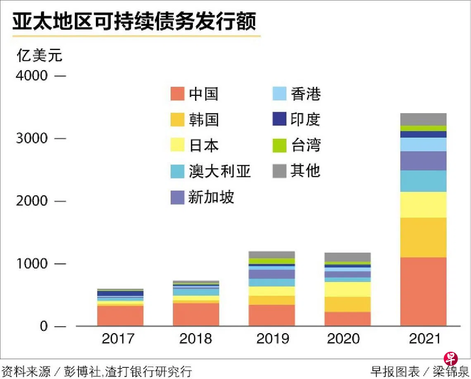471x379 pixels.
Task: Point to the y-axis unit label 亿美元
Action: coord(39,55)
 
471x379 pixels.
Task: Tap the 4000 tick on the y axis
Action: coord(33,76)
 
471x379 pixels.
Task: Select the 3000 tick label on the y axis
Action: coord(33,138)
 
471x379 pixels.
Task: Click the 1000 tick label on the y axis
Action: coord(33,264)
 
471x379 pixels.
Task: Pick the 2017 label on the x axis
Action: coord(118,339)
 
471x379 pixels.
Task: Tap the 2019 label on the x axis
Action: coord(273,339)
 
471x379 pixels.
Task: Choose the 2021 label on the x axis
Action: coord(425,339)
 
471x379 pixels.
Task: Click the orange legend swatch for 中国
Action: coord(177,94)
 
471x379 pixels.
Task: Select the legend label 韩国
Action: coord(204,120)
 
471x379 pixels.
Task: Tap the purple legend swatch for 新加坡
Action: coord(177,197)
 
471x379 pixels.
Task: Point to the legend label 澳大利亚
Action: coord(220,171)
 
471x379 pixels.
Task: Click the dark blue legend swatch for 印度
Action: coord(280,119)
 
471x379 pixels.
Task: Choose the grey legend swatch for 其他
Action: coord(280,171)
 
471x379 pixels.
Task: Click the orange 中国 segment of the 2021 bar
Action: coord(423,291)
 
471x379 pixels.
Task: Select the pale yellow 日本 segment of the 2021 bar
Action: coord(423,205)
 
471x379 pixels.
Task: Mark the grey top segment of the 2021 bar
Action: coord(423,119)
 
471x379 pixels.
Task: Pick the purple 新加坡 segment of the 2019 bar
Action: coord(272,274)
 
